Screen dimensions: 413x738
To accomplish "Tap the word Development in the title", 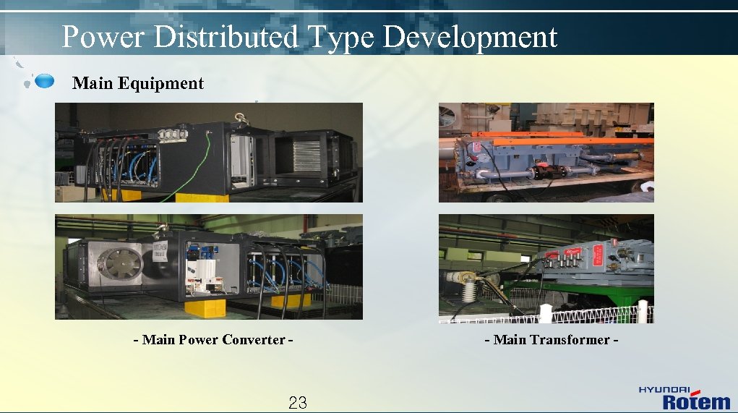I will (470, 37).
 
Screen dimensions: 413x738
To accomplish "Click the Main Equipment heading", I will (138, 83).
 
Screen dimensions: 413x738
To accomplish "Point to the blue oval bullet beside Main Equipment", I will (45, 81).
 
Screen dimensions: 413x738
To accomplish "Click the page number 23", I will (298, 403).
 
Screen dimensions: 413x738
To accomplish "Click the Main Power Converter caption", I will (213, 340).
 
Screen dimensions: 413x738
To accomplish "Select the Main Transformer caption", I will (552, 340).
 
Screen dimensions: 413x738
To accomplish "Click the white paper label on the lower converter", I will (160, 253).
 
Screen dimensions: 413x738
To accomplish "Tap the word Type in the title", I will (340, 37).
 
